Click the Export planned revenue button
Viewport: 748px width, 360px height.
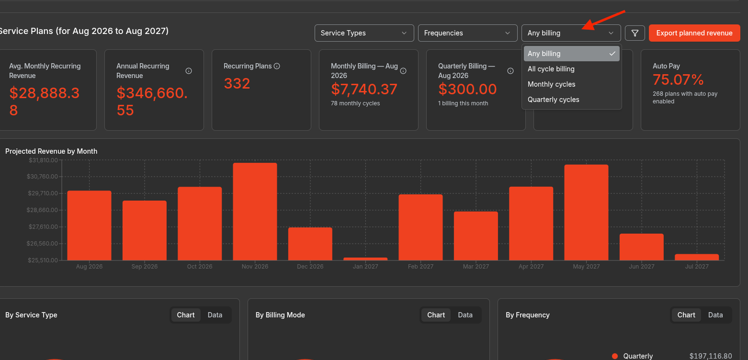pos(694,33)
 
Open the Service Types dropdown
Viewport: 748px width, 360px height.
pos(364,33)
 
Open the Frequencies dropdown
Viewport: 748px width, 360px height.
pos(467,33)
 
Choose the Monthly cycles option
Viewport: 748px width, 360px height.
pos(551,84)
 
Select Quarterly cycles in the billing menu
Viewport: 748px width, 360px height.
pos(553,100)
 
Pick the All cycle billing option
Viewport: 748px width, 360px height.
pos(551,69)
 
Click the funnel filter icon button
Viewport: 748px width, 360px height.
pos(635,33)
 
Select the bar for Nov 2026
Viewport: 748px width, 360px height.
pos(255,212)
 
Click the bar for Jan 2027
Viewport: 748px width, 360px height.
pos(365,259)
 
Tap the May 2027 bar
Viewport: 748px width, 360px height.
pos(586,213)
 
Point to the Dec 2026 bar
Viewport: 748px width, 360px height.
pos(310,244)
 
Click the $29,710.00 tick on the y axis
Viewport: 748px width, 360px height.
pos(43,193)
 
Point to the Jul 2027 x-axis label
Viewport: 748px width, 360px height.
pos(697,267)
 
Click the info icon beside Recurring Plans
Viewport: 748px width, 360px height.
pos(277,66)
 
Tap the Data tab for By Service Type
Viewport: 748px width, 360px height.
pos(215,315)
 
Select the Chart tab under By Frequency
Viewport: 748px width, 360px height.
pos(686,315)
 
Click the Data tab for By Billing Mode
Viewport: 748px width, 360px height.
pos(465,315)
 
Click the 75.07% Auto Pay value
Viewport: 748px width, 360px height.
pos(678,80)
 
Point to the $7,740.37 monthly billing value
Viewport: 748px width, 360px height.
pos(364,89)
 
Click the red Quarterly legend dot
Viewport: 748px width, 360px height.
pos(615,356)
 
